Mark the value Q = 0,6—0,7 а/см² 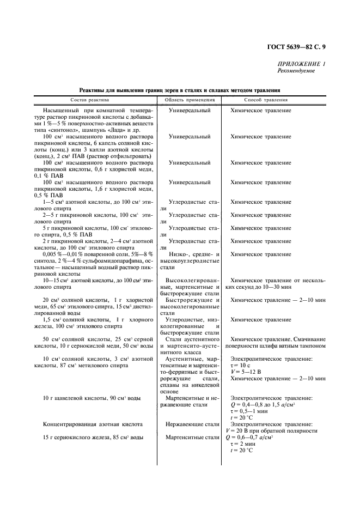pyautogui.click(x=258, y=438)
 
